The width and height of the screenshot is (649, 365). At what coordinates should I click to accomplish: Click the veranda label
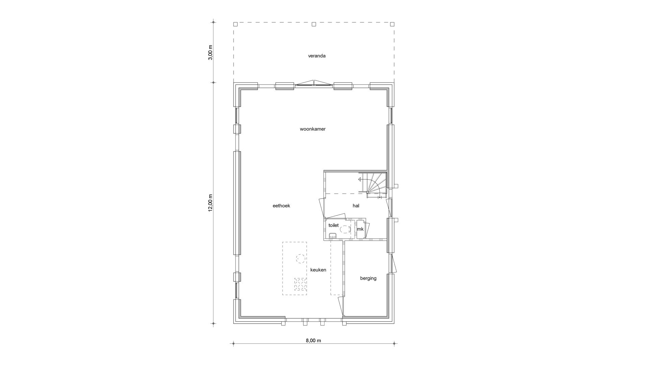[317, 56]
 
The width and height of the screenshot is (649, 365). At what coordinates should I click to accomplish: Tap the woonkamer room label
[313, 129]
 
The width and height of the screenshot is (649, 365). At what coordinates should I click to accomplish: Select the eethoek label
[281, 206]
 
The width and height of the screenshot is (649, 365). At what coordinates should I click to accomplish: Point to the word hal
[356, 205]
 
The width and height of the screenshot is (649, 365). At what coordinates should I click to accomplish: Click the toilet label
[334, 225]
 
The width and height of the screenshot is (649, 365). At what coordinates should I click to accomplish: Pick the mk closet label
[360, 229]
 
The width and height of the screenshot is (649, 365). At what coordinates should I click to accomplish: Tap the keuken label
[318, 270]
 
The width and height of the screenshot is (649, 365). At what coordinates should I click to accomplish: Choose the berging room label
[368, 278]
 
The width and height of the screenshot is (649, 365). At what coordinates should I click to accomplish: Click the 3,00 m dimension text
[210, 52]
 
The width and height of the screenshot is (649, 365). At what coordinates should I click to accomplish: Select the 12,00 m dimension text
[210, 203]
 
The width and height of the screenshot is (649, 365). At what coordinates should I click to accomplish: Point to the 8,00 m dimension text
[313, 341]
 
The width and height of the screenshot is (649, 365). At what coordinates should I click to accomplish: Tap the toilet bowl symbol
[345, 229]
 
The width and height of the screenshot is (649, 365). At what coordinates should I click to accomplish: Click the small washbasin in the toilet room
[333, 236]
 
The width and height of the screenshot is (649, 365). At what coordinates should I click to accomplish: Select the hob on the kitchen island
[300, 284]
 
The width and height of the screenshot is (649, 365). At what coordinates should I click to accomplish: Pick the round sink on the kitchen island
[300, 259]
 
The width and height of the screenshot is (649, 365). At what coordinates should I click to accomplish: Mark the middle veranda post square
[314, 24]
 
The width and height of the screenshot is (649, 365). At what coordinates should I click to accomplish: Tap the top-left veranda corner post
[236, 24]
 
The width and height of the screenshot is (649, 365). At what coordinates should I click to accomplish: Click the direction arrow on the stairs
[360, 180]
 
